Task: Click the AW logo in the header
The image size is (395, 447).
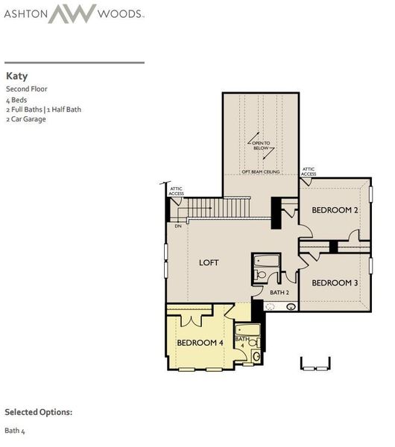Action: (72, 13)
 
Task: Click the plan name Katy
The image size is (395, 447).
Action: (17, 76)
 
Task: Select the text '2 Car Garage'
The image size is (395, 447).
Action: (26, 119)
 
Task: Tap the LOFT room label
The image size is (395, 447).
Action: (209, 263)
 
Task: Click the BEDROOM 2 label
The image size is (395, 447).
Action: (335, 211)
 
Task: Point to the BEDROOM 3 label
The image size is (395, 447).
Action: (335, 283)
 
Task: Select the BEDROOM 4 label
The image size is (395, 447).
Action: (200, 343)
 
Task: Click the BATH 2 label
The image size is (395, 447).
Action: (279, 293)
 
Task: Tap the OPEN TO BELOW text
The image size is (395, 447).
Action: (261, 145)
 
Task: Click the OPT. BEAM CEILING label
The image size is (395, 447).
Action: (260, 171)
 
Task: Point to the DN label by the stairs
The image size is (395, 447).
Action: (178, 226)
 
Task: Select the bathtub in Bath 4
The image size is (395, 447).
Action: (247, 330)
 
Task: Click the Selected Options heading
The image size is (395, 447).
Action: (39, 412)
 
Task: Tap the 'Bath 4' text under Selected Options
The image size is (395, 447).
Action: (15, 430)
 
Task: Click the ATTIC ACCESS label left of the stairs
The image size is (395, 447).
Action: (177, 191)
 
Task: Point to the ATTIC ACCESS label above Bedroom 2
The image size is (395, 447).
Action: (309, 171)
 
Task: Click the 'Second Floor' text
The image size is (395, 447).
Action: (27, 89)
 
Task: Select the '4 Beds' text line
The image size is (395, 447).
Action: (16, 100)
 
